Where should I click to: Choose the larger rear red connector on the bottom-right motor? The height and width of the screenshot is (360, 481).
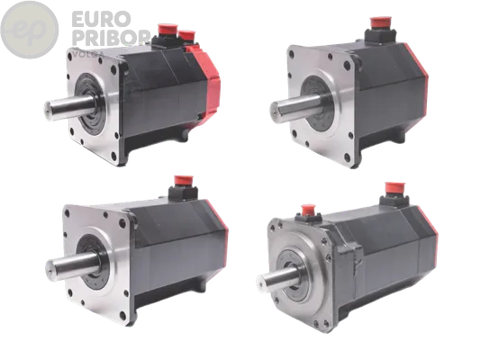coord(393,191)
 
